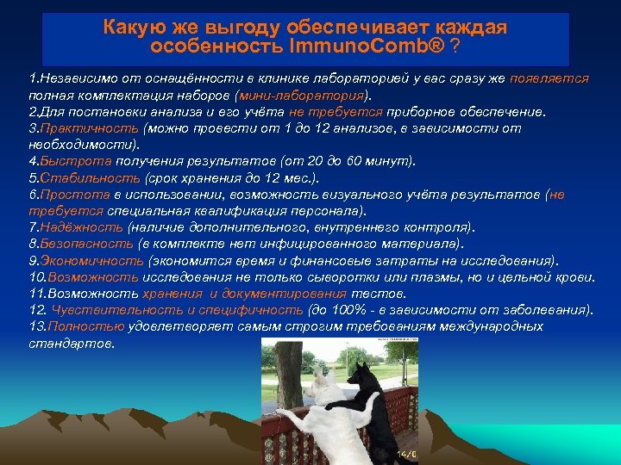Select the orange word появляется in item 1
(549, 78)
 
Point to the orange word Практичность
(90, 128)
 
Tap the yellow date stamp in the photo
(406, 454)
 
